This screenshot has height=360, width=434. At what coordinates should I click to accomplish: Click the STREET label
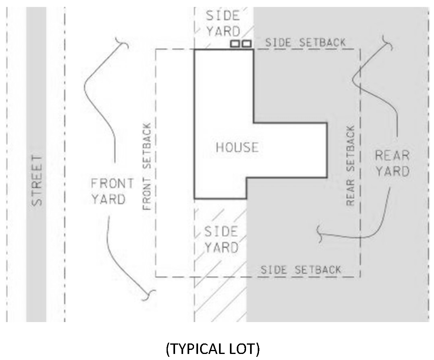(37, 180)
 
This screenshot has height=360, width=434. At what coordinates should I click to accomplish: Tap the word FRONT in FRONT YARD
(112, 184)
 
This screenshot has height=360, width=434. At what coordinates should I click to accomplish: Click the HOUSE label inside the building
(237, 147)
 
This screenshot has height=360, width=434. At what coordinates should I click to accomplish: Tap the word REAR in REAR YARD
(392, 155)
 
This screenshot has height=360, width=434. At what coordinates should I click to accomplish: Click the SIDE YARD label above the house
(223, 24)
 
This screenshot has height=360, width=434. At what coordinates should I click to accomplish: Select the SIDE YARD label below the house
(221, 240)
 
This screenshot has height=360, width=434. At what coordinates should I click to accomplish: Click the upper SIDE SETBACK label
(305, 42)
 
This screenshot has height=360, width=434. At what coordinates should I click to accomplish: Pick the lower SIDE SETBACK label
(300, 270)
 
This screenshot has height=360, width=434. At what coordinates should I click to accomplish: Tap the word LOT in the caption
(246, 349)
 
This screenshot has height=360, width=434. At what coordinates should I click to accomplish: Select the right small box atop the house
(246, 43)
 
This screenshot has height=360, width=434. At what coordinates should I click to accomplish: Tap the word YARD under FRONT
(108, 199)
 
